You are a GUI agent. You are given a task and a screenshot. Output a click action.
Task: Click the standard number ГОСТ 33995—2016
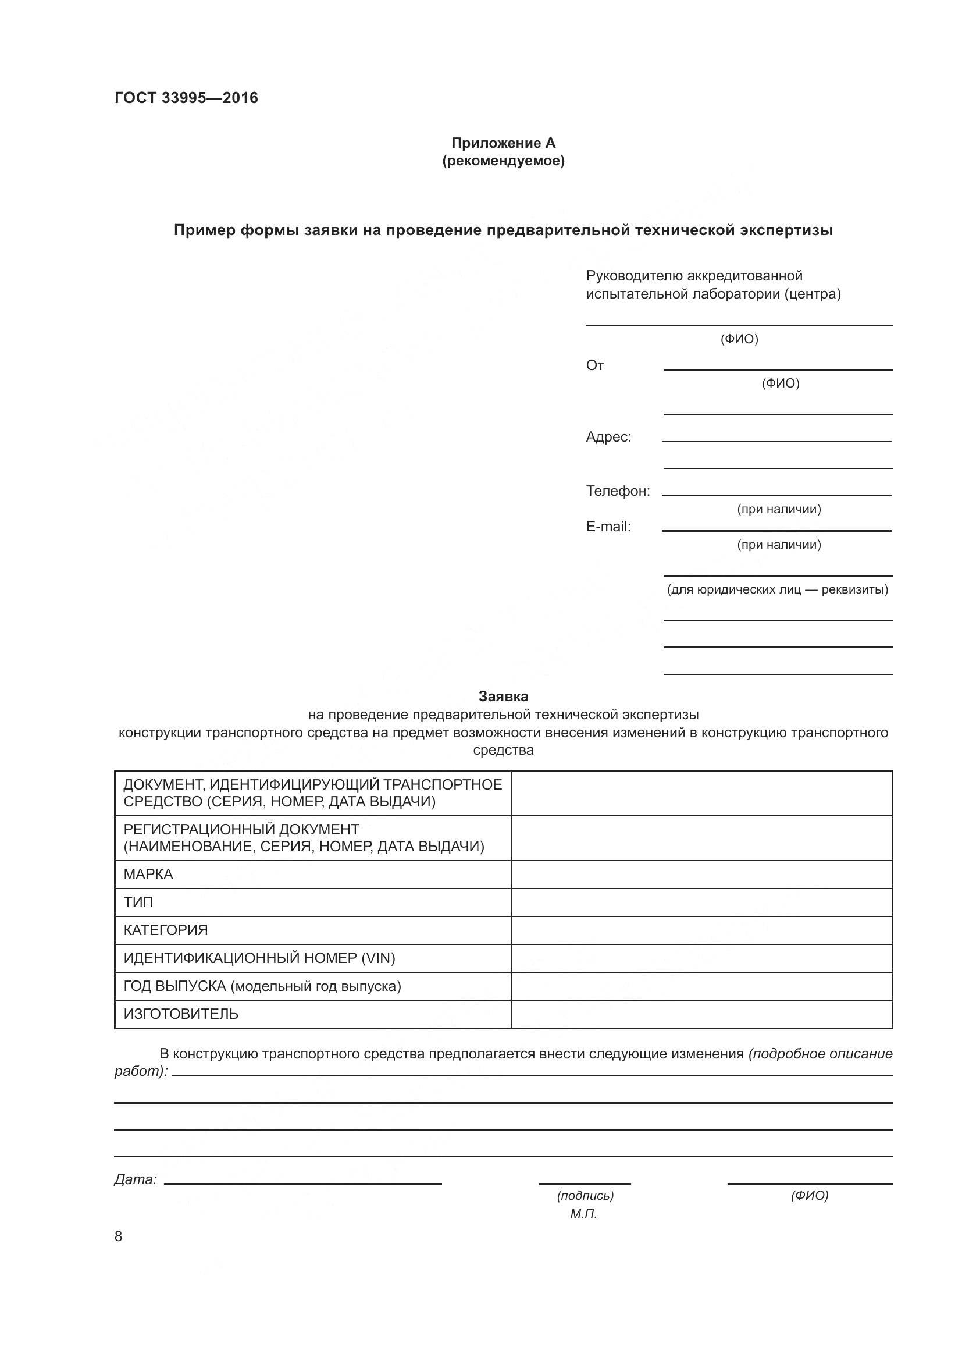pyautogui.click(x=186, y=98)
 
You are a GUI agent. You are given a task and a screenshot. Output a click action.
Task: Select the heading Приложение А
pyautogui.click(x=504, y=143)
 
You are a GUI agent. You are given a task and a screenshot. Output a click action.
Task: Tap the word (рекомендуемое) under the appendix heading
pyautogui.click(x=504, y=161)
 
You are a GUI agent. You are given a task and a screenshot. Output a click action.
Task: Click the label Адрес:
pyautogui.click(x=608, y=437)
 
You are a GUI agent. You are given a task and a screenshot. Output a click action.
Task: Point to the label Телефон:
pyautogui.click(x=618, y=491)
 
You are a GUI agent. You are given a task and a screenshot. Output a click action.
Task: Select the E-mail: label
pyautogui.click(x=608, y=527)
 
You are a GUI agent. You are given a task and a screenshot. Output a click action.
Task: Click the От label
pyautogui.click(x=595, y=365)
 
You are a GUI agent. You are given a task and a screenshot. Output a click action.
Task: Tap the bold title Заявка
pyautogui.click(x=504, y=696)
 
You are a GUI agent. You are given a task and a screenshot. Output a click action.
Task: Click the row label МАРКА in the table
pyautogui.click(x=148, y=875)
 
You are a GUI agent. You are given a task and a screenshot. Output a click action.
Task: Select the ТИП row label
pyautogui.click(x=138, y=902)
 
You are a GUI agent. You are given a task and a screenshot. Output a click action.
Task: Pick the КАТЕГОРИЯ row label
pyautogui.click(x=165, y=930)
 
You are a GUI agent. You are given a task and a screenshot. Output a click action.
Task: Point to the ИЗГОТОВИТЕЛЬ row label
pyautogui.click(x=181, y=1014)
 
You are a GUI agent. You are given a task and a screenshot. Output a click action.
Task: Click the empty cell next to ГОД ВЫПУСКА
pyautogui.click(x=701, y=986)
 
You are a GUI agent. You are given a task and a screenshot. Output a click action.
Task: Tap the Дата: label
pyautogui.click(x=135, y=1179)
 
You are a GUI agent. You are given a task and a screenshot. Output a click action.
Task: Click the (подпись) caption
pyautogui.click(x=585, y=1196)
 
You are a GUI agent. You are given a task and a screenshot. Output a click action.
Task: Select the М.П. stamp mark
pyautogui.click(x=583, y=1214)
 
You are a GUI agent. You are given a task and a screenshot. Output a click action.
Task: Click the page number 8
pyautogui.click(x=118, y=1236)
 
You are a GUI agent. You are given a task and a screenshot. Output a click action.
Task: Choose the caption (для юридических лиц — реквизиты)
pyautogui.click(x=777, y=590)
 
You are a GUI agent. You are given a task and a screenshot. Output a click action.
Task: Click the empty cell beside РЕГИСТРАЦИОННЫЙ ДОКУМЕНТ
pyautogui.click(x=701, y=837)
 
